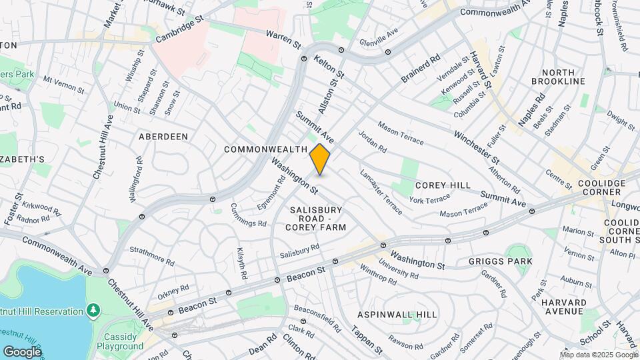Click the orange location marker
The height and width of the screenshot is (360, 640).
320,159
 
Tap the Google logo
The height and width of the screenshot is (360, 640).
22,351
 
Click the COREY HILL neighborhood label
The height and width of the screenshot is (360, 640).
443,185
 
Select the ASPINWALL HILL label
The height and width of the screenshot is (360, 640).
397,315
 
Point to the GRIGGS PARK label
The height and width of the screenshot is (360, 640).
501,261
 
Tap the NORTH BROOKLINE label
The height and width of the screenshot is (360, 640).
563,77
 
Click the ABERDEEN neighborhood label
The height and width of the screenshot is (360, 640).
163,136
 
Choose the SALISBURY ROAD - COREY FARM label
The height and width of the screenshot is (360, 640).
316,219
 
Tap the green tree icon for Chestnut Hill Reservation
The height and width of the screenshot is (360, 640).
93,311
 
